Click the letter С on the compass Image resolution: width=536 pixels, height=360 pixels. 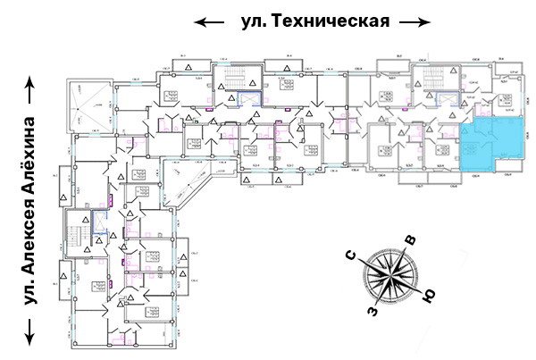[x=354, y=256]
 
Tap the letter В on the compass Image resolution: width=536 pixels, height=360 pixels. [x=411, y=239]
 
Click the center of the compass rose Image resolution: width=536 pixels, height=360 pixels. [x=391, y=276]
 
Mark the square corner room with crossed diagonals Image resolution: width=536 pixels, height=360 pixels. [x=91, y=105]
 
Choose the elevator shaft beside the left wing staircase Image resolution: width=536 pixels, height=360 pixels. [x=99, y=236]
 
